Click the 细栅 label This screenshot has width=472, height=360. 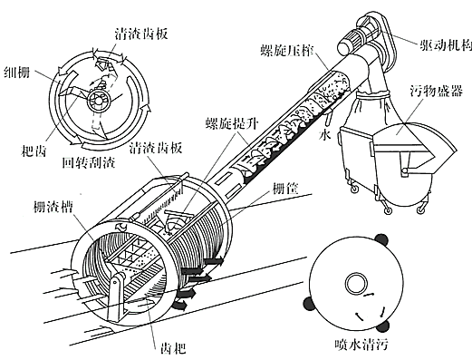tap(17, 73)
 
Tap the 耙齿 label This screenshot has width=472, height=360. tap(34, 151)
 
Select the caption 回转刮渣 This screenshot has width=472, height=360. tap(89, 162)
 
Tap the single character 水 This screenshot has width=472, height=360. tap(324, 134)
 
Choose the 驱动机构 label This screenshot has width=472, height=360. tap(445, 46)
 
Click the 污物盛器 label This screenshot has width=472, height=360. tap(436, 91)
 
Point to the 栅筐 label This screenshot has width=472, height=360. tap(285, 189)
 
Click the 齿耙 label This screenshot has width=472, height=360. tap(172, 348)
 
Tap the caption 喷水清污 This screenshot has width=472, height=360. tap(361, 345)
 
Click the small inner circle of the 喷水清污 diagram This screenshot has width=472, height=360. tap(356, 285)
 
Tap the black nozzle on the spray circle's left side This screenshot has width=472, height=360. tap(308, 304)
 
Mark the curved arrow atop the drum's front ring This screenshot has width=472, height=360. tap(122, 226)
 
